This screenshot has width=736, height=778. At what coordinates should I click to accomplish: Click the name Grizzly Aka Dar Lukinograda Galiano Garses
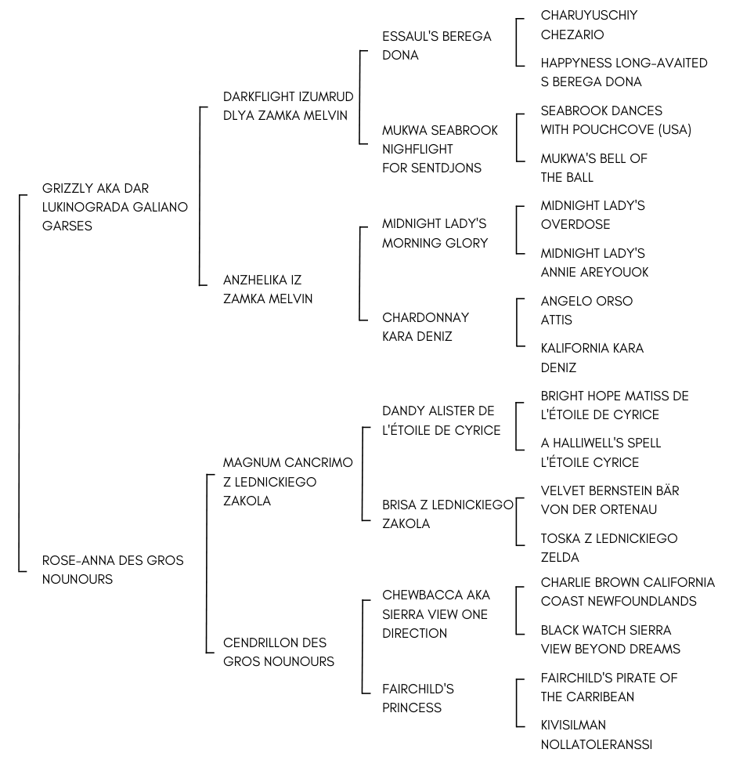[114, 207]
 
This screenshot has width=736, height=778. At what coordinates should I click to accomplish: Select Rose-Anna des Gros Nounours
[113, 570]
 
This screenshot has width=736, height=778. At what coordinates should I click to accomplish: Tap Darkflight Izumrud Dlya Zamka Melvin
[288, 106]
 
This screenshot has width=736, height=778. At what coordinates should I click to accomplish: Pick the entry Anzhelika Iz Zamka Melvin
[268, 289]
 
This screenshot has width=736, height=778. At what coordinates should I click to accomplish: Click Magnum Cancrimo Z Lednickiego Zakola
[287, 481]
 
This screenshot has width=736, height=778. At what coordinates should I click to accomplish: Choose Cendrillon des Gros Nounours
[279, 652]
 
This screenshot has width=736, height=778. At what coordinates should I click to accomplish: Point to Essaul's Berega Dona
[436, 45]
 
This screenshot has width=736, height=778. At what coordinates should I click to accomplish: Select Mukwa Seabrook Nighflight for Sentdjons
[440, 149]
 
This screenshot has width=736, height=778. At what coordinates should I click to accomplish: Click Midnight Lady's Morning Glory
[435, 233]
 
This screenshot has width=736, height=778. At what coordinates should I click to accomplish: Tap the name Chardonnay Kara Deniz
[425, 327]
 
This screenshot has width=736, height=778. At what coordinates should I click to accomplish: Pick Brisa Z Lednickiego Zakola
[447, 514]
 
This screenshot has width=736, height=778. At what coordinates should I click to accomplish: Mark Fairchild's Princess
[417, 698]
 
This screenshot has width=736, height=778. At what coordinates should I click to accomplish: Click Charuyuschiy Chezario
[589, 25]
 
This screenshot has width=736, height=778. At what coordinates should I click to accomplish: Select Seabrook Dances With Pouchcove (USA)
[615, 120]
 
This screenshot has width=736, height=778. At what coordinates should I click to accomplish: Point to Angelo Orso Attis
[586, 310]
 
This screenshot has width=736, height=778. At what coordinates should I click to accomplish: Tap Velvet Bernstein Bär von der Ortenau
[609, 500]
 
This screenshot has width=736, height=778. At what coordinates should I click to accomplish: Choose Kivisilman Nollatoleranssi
[596, 735]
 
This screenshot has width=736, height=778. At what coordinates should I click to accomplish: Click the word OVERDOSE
[575, 224]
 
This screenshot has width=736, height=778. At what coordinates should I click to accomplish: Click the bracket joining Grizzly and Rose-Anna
[20, 383]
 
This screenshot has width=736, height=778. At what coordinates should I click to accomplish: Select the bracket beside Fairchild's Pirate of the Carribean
[517, 703]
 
